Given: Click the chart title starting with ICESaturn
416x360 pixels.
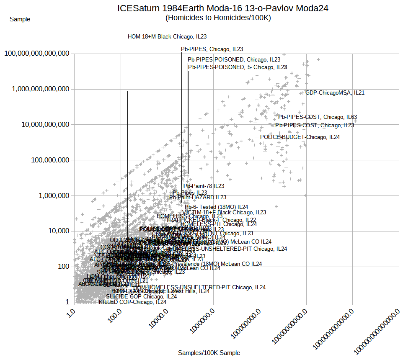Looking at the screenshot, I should pos(223,8).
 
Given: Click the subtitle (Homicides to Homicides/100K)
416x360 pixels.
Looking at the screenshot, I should pos(218,18).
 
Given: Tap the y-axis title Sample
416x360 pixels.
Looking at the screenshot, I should pos(20,19).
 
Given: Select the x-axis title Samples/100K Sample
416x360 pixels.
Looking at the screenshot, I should pos(209,353).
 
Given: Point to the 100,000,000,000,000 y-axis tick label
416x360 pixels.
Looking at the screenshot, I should pos(37,54).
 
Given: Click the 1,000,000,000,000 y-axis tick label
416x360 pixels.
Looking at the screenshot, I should pos(40,89).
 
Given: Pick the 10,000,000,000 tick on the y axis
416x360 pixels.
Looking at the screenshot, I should pos(44,125).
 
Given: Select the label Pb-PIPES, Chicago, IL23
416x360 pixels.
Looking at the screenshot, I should pos(212,49).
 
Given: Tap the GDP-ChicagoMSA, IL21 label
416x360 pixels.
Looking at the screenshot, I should pos(335,93).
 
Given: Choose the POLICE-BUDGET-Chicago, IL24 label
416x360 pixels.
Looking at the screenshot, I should pos(300,137).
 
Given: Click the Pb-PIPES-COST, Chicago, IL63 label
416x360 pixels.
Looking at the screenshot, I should pos(318,117).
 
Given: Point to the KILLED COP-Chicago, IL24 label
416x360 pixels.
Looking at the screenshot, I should pos(133,302).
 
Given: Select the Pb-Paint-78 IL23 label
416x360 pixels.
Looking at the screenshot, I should pos(204,186).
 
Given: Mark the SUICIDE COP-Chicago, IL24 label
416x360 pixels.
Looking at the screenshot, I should pos(141,296).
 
